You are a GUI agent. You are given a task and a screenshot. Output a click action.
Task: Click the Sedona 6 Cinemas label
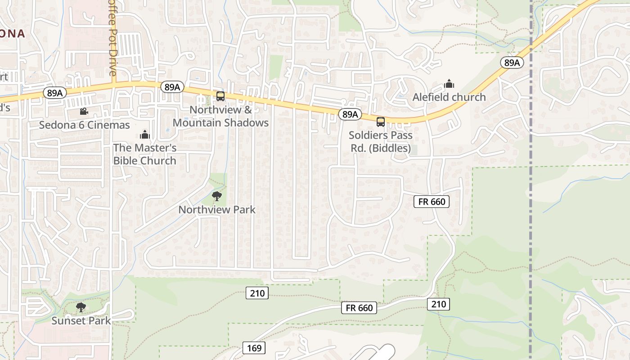coord(84,125)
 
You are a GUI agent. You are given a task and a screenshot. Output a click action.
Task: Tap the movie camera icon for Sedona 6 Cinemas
coord(83,111)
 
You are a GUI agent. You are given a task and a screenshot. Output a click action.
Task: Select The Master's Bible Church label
coord(144,154)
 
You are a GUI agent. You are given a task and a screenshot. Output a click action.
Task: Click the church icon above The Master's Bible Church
coord(144,135)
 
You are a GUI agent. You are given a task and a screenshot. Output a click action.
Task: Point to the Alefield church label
coord(449,97)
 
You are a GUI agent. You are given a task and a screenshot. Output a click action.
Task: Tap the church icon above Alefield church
coord(449,84)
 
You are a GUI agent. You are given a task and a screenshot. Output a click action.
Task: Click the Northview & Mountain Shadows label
coord(220,116)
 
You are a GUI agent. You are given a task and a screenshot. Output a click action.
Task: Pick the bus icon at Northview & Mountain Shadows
coord(220,96)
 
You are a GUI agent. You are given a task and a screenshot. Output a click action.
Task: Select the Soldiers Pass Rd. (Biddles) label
coord(380,141)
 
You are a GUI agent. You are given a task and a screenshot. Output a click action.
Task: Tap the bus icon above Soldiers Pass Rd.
coord(381,121)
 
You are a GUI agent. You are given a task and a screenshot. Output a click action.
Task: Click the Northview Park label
coord(217,209)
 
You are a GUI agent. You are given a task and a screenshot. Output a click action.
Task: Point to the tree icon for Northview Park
coord(217,196)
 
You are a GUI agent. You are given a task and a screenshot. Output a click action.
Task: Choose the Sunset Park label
coord(81,320)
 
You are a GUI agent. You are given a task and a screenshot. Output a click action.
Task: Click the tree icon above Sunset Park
coord(81,307)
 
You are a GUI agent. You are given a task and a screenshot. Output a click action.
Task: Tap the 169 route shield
coord(254,348)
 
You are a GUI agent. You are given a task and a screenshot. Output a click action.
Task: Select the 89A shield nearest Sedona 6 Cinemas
coord(55,93)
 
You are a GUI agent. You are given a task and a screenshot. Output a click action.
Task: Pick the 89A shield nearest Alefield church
coord(512,63)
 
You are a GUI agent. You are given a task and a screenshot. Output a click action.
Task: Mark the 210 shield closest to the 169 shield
coord(257,293)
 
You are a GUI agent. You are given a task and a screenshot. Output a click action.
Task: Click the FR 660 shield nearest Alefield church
coord(432,202)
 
